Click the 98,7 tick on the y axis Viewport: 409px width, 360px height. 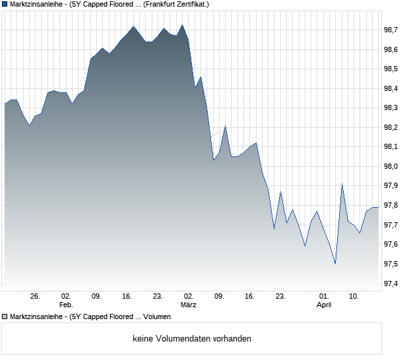(392, 30)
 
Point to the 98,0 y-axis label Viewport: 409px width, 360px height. (392, 167)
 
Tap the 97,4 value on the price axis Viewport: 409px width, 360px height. (392, 284)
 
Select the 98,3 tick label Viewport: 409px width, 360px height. (392, 108)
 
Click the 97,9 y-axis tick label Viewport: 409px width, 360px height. (392, 187)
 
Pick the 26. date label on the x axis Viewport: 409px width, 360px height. (35, 297)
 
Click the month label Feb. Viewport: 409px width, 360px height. (66, 305)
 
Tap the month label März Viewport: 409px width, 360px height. (189, 305)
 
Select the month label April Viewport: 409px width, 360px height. (324, 305)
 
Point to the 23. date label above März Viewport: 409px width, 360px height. (158, 297)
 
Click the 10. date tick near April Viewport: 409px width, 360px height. (354, 297)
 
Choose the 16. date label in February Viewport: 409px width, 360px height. (127, 297)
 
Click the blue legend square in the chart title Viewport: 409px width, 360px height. (5, 4)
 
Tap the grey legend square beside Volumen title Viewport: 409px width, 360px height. (5, 316)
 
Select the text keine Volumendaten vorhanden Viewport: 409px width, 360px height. (191, 339)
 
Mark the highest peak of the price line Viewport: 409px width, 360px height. (183, 25)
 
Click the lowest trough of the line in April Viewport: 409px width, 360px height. (335, 264)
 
